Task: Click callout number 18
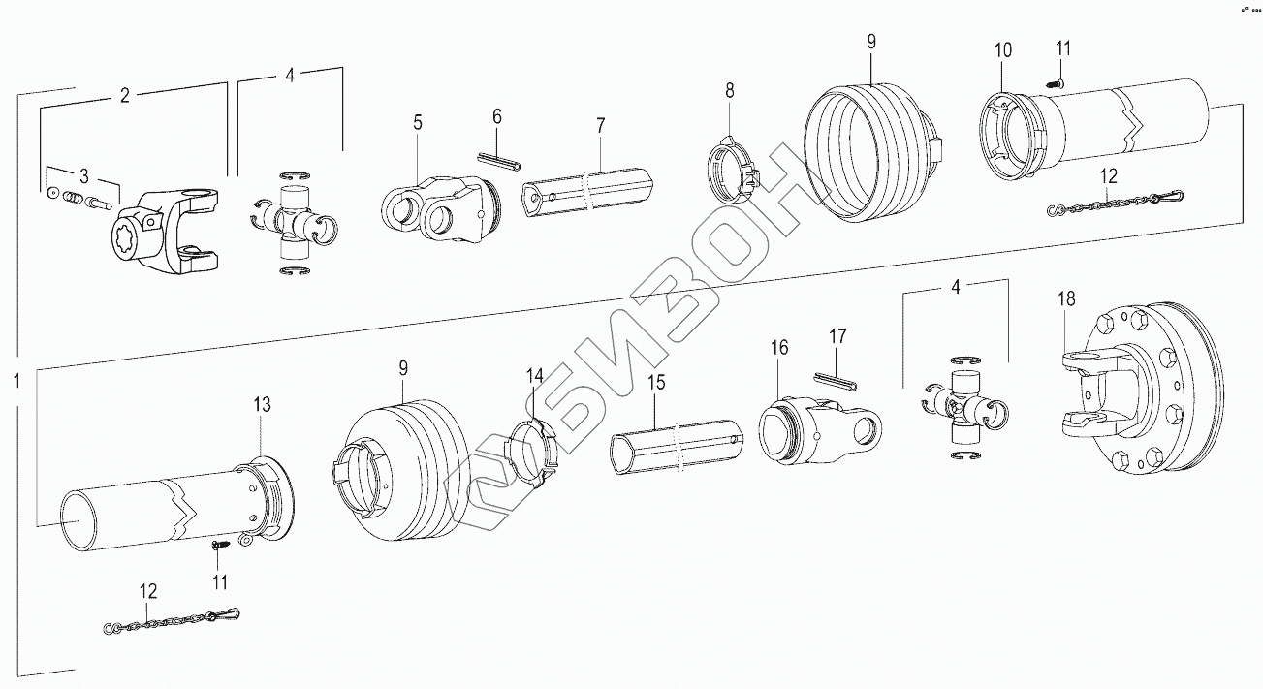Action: tap(1066, 299)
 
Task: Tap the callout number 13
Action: tap(264, 404)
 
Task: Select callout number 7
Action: tap(600, 125)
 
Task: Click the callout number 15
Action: tap(656, 383)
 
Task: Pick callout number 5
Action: tap(418, 122)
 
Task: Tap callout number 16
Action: tap(779, 347)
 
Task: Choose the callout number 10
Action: tap(1003, 49)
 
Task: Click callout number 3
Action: tap(83, 175)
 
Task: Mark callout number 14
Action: tap(535, 375)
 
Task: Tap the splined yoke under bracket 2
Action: tap(165, 233)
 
